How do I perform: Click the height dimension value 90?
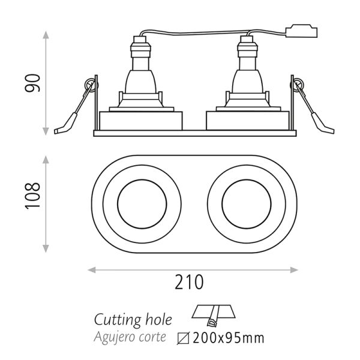click(35, 83)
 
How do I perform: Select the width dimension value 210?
click(190, 281)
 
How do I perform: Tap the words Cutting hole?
click(133, 319)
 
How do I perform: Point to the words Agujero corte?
click(130, 337)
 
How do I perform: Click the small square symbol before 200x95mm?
click(184, 338)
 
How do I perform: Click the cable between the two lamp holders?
click(192, 32)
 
